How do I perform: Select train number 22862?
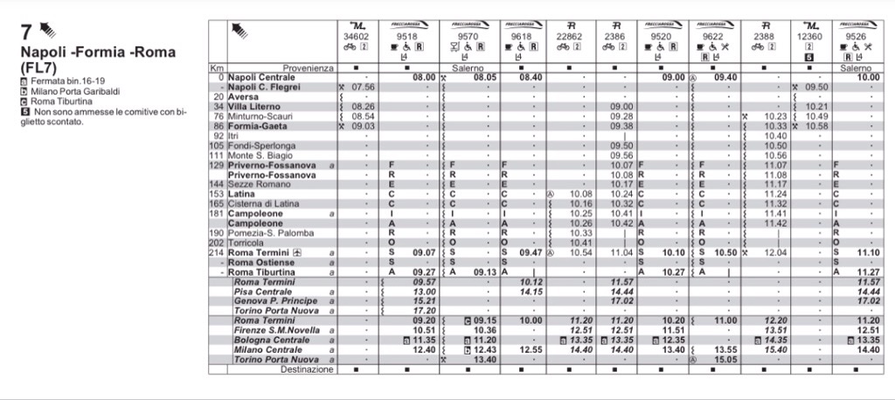point(569,37)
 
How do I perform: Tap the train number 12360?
point(808,37)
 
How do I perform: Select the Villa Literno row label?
point(256,106)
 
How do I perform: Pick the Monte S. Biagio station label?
point(259,154)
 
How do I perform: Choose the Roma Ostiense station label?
point(261,262)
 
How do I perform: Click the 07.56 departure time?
point(362,87)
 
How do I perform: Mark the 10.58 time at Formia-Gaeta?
point(815,125)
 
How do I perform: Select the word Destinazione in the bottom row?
point(307,369)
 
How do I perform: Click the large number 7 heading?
point(26,32)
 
